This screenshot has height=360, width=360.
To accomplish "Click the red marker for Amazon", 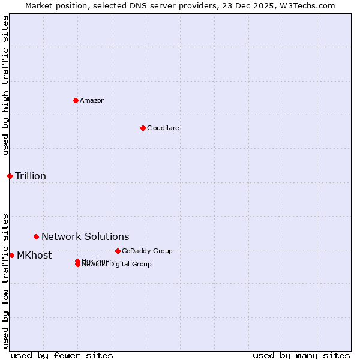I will coord(76,100).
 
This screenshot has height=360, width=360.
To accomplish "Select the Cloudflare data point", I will coord(143,128).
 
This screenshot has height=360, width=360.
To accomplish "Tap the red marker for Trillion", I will coord(10,176).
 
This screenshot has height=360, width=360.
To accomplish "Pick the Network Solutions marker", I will coord(36,236).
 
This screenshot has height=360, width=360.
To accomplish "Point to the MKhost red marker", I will coord(11,255).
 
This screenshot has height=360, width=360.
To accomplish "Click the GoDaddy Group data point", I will coord(118,251).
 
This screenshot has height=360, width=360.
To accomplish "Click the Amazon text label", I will coord(92,100).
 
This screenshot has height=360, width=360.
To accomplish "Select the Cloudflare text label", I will coord(163,128).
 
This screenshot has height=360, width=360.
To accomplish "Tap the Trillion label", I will coord(31,176).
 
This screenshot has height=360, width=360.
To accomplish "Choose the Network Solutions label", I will coord(85,236).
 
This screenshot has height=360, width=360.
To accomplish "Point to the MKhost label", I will coord(34,255).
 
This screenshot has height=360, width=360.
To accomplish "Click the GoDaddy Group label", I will coord(147,251).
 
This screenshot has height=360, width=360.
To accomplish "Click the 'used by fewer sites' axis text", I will coord(62,355).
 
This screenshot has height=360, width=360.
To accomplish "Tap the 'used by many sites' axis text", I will coord(301,355).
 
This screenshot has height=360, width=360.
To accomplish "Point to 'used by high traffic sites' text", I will coord(5,85).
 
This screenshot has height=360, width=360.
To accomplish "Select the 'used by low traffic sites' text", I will coord(5,280).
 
